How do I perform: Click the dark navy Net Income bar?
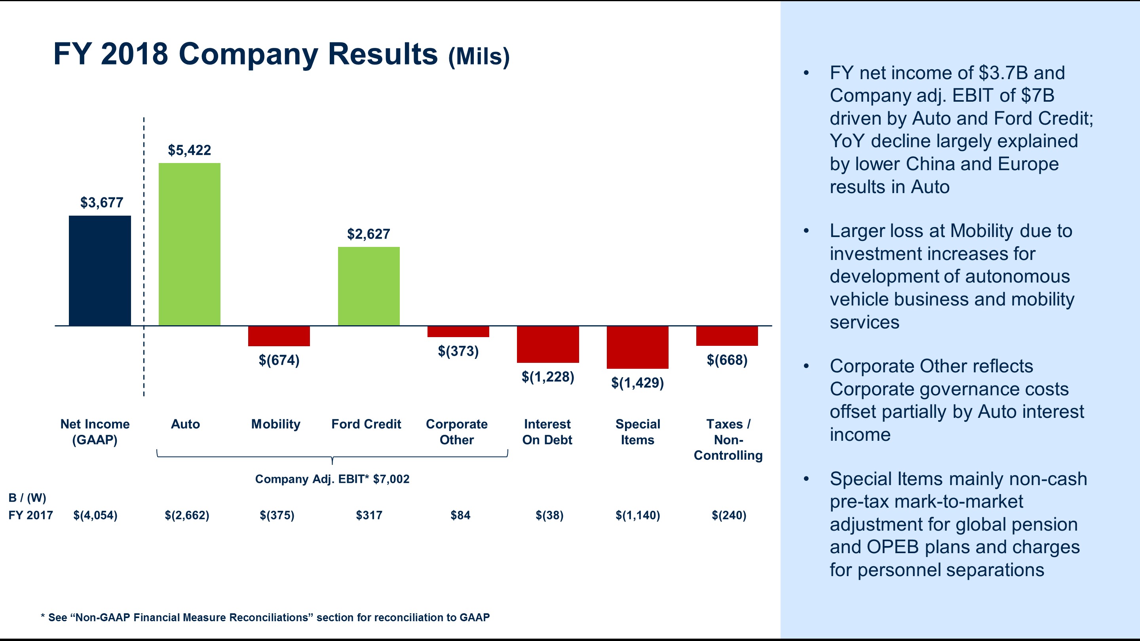[x=100, y=270]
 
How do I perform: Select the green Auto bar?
[x=190, y=244]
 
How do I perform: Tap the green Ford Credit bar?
[x=369, y=286]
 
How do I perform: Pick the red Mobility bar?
[x=279, y=336]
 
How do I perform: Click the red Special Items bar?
[x=637, y=347]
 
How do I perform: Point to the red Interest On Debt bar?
[x=548, y=344]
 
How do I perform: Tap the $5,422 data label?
[x=190, y=150]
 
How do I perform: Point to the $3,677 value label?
[x=102, y=203]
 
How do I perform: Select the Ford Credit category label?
[x=366, y=424]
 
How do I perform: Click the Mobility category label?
[x=276, y=424]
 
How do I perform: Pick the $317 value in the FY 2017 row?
[x=369, y=515]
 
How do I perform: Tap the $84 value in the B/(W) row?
[x=460, y=515]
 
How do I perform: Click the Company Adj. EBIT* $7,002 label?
[x=332, y=479]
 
